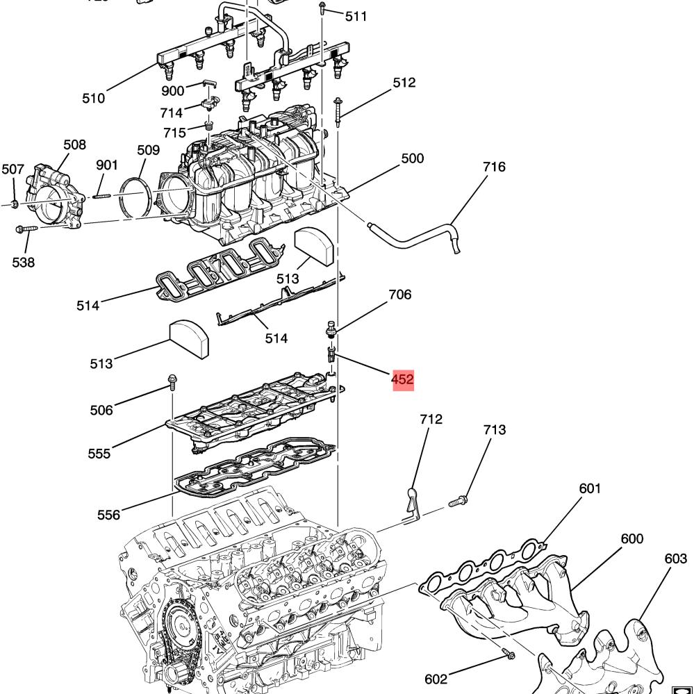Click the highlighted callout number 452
403,380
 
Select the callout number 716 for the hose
494,167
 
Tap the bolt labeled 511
322,8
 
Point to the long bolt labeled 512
338,112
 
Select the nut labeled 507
14,204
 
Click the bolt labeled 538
27,229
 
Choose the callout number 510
93,98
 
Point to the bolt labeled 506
172,381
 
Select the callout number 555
99,454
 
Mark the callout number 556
109,515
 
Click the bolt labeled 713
458,502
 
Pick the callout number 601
590,488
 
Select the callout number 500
413,158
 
